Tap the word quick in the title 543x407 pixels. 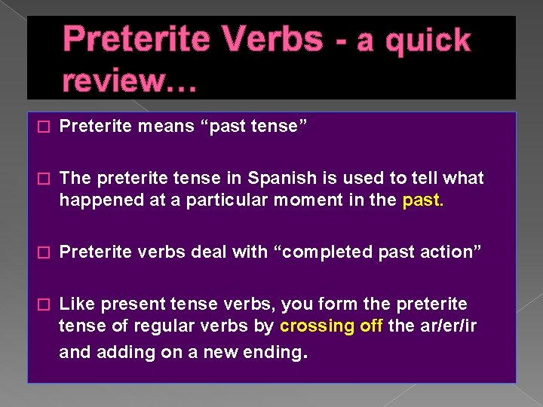click(428, 41)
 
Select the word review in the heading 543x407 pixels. click(121, 78)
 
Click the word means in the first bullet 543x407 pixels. click(162, 127)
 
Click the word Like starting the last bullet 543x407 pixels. click(75, 304)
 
